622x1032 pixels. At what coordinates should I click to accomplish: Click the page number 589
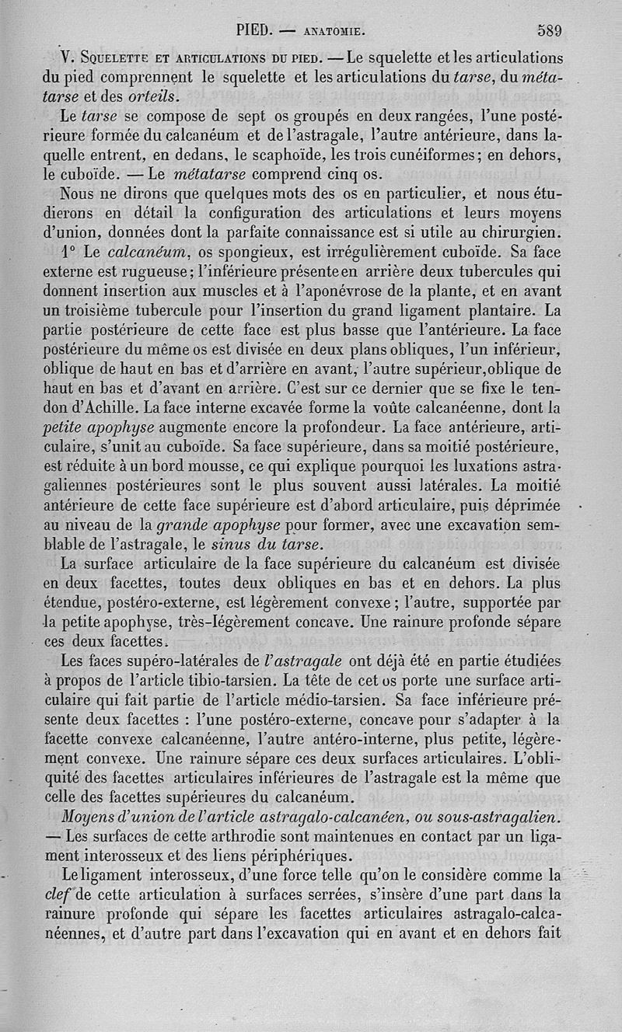[x=549, y=32]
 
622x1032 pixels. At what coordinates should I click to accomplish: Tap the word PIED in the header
[x=252, y=32]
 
